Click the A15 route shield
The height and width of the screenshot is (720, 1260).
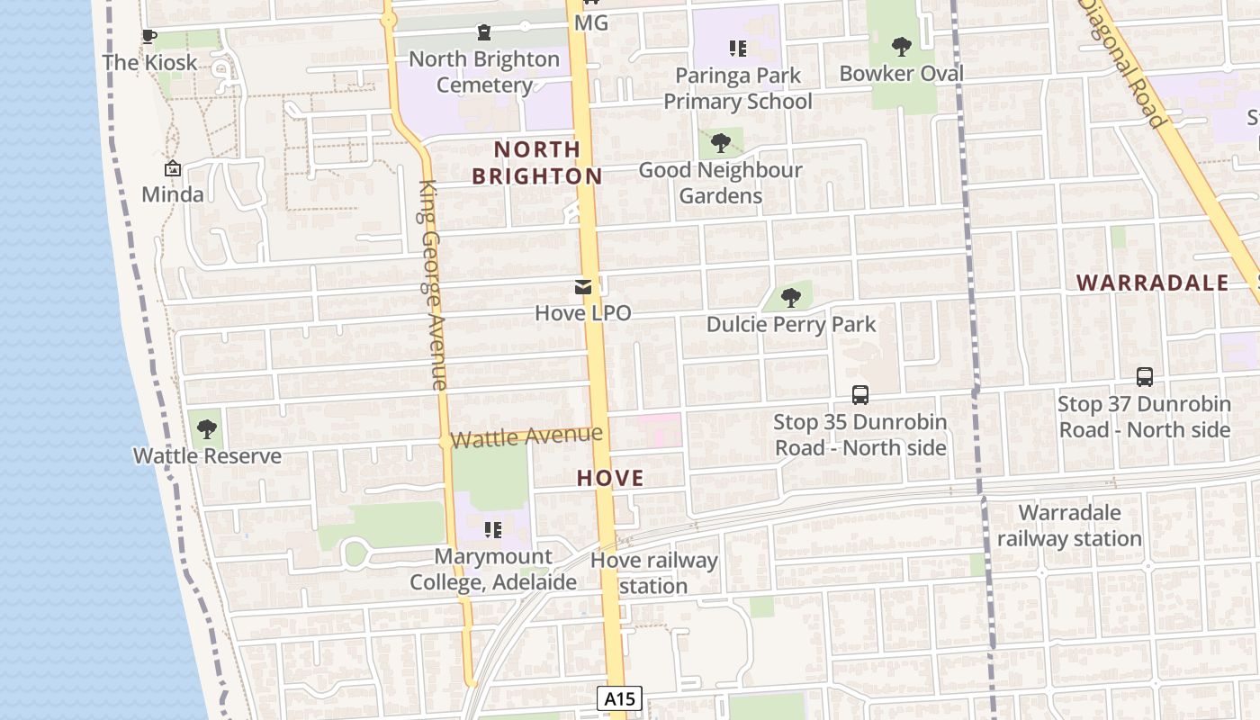tap(619, 698)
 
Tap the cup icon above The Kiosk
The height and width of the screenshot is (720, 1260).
tap(149, 37)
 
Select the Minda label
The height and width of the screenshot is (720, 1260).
tap(173, 194)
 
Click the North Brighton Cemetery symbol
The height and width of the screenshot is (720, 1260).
tap(484, 33)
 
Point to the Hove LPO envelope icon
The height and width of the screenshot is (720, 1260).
tap(583, 288)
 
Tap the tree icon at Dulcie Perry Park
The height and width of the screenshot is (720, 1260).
tap(791, 298)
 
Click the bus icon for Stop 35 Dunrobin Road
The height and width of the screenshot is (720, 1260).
tap(860, 395)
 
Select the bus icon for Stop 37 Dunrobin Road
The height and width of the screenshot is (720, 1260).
tap(1145, 377)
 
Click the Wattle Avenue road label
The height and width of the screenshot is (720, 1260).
tap(526, 437)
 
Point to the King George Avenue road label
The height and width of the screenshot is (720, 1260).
tap(433, 284)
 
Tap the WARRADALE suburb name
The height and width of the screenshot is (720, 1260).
tap(1153, 283)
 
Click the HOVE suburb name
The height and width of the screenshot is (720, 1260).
tap(610, 478)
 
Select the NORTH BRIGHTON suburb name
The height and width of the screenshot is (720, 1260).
tap(537, 162)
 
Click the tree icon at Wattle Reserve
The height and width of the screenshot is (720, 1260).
tap(207, 429)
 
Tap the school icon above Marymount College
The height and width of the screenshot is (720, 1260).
tap(492, 529)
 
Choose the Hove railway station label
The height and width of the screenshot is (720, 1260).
tap(654, 573)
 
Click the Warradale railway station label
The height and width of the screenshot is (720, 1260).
tap(1069, 526)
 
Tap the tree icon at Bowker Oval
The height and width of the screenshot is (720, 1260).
tap(901, 47)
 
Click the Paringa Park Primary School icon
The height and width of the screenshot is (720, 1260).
tap(738, 49)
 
